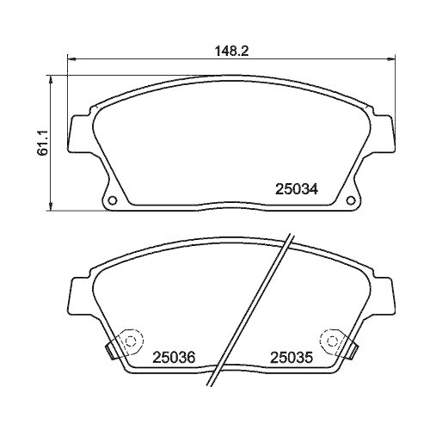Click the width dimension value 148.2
tap(231, 51)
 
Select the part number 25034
tap(297, 190)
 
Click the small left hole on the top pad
tap(111, 202)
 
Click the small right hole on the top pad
tap(350, 202)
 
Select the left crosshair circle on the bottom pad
tap(131, 340)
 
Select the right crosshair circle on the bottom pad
tap(329, 340)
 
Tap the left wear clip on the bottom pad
tap(110, 351)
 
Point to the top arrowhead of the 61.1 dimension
tap(55, 81)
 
